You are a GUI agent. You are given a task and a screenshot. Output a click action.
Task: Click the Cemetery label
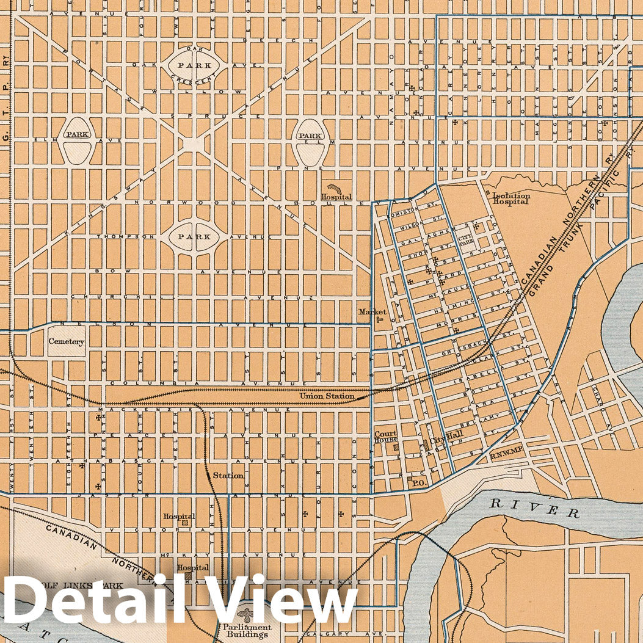(x=66, y=342)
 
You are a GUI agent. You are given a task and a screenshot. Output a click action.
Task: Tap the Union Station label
(x=327, y=396)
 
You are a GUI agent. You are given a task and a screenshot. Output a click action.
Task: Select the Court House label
(x=385, y=437)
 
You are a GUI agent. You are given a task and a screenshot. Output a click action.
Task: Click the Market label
(x=372, y=311)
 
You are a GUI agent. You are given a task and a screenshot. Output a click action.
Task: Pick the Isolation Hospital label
(x=511, y=198)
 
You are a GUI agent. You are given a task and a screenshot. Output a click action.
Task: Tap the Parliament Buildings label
(x=247, y=631)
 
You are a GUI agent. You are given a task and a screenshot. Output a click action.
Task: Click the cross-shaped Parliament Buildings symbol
(x=247, y=614)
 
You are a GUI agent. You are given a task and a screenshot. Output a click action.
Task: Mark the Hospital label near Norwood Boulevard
(x=337, y=197)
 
